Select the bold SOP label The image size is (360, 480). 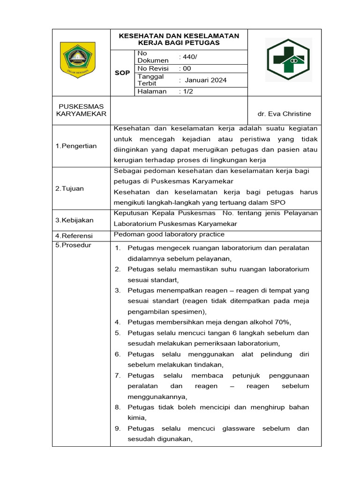click(122, 73)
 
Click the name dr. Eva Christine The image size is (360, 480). click(284, 114)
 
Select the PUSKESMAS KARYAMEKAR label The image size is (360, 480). click(81, 110)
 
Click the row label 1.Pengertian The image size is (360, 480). click(76, 146)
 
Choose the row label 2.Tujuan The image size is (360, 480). click(69, 188)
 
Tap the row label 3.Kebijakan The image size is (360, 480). click(74, 220)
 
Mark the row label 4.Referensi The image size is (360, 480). click(74, 235)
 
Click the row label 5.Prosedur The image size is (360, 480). click(73, 245)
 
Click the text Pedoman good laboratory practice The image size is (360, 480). click(169, 234)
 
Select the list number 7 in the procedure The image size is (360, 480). click(118, 375)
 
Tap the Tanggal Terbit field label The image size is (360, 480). click(150, 80)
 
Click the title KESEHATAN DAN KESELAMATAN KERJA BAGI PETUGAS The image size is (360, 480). click(179, 39)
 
